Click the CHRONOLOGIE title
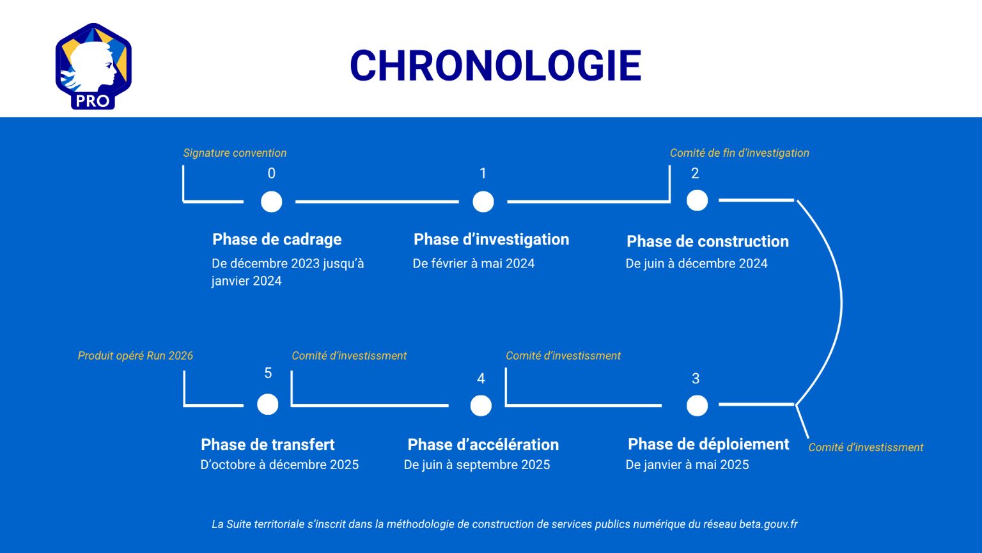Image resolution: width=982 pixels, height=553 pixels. [496, 65]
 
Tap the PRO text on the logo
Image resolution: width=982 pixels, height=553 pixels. [93, 101]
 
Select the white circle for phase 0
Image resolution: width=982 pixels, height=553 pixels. [271, 202]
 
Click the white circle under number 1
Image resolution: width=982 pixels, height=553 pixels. [483, 202]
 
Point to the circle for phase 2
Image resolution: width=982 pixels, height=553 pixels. [697, 200]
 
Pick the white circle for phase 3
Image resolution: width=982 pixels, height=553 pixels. [697, 406]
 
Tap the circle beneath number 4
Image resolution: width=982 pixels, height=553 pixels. [481, 406]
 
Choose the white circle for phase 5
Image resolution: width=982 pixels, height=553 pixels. [267, 405]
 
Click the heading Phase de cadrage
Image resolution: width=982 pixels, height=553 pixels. [277, 239]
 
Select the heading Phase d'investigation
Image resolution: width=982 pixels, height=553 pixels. [492, 239]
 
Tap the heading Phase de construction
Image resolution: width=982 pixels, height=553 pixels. [708, 241]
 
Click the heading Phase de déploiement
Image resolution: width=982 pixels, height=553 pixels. [708, 444]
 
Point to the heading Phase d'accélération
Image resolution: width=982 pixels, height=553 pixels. [483, 445]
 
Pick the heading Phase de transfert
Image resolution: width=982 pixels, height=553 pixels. [267, 445]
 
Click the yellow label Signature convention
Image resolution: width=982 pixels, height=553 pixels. [235, 153]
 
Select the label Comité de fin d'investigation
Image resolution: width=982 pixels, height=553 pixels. [740, 153]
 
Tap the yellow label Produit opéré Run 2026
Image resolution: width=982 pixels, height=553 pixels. [136, 355]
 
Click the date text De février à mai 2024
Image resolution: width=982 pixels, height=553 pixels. [474, 263]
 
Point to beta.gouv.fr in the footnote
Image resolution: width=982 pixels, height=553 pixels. [768, 524]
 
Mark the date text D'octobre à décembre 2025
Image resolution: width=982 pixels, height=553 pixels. [279, 464]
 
